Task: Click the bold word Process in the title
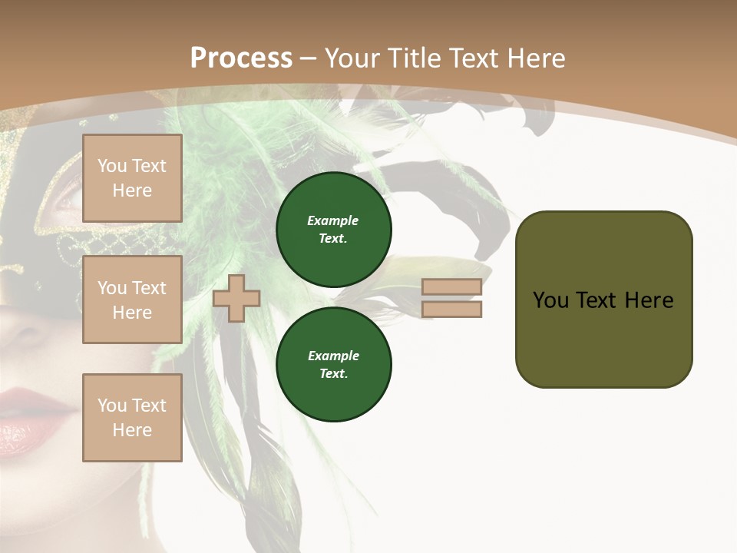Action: coord(241,58)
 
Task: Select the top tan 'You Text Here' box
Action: coord(132,178)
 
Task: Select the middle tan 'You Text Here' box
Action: coord(132,300)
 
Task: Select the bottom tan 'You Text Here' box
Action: coord(132,417)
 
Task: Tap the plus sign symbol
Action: coord(236,298)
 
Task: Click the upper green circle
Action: coord(334,230)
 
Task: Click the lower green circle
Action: coord(334,365)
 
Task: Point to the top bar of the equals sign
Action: coord(452,287)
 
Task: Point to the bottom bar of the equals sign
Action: coord(452,309)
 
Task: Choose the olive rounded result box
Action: coord(603,299)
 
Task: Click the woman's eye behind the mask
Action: coord(68,201)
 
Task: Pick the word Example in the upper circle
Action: coord(333,220)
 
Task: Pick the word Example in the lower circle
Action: coord(333,356)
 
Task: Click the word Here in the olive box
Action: coord(649,300)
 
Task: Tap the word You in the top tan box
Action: coord(111,166)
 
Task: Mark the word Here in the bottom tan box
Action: coord(132,430)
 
